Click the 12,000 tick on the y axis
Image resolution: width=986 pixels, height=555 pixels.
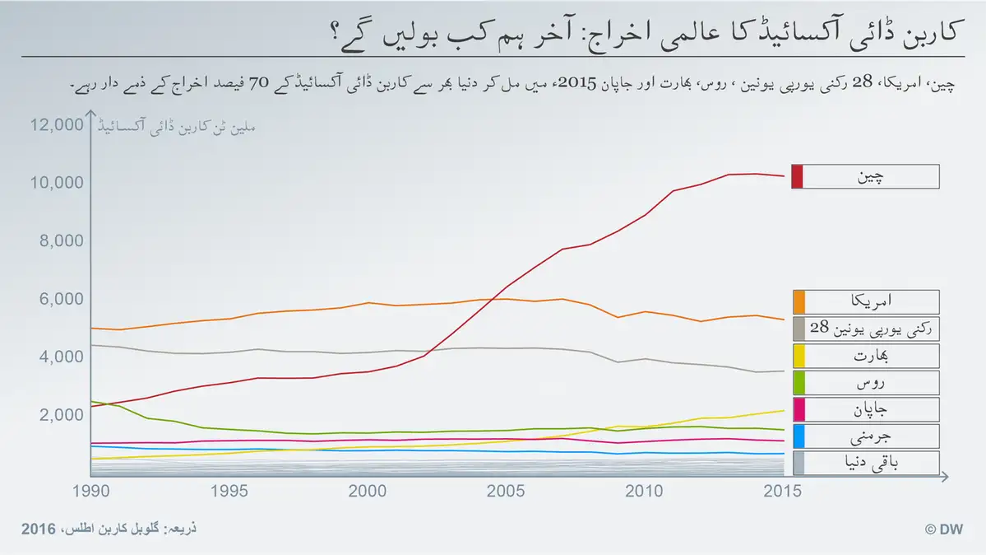pyautogui.click(x=56, y=125)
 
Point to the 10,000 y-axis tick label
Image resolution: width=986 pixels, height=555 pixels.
pyautogui.click(x=56, y=183)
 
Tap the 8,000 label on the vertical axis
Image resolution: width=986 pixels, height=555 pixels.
pyautogui.click(x=60, y=240)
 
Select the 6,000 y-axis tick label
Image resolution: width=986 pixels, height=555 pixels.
pyautogui.click(x=60, y=299)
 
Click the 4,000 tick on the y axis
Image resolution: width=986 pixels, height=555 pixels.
pyautogui.click(x=60, y=357)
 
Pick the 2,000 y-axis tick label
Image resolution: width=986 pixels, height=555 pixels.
pyautogui.click(x=60, y=414)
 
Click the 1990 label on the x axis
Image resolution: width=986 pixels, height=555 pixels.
pyautogui.click(x=90, y=491)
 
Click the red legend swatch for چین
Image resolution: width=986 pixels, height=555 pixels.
pyautogui.click(x=797, y=176)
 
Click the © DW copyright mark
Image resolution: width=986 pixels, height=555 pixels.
pyautogui.click(x=944, y=529)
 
